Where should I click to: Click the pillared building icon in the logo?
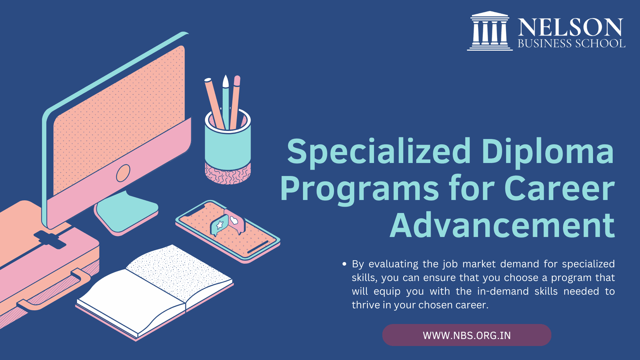click(490, 31)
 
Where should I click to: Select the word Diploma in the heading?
click(547, 152)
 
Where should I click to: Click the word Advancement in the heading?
click(502, 226)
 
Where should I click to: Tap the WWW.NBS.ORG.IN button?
click(467, 335)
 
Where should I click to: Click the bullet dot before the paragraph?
click(344, 264)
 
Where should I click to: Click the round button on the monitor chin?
click(123, 173)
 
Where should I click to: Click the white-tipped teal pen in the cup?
click(226, 100)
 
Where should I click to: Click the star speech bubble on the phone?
click(219, 225)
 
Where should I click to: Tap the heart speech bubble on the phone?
click(235, 220)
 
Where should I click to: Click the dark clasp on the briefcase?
click(50, 239)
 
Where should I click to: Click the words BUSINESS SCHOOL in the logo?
click(571, 44)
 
